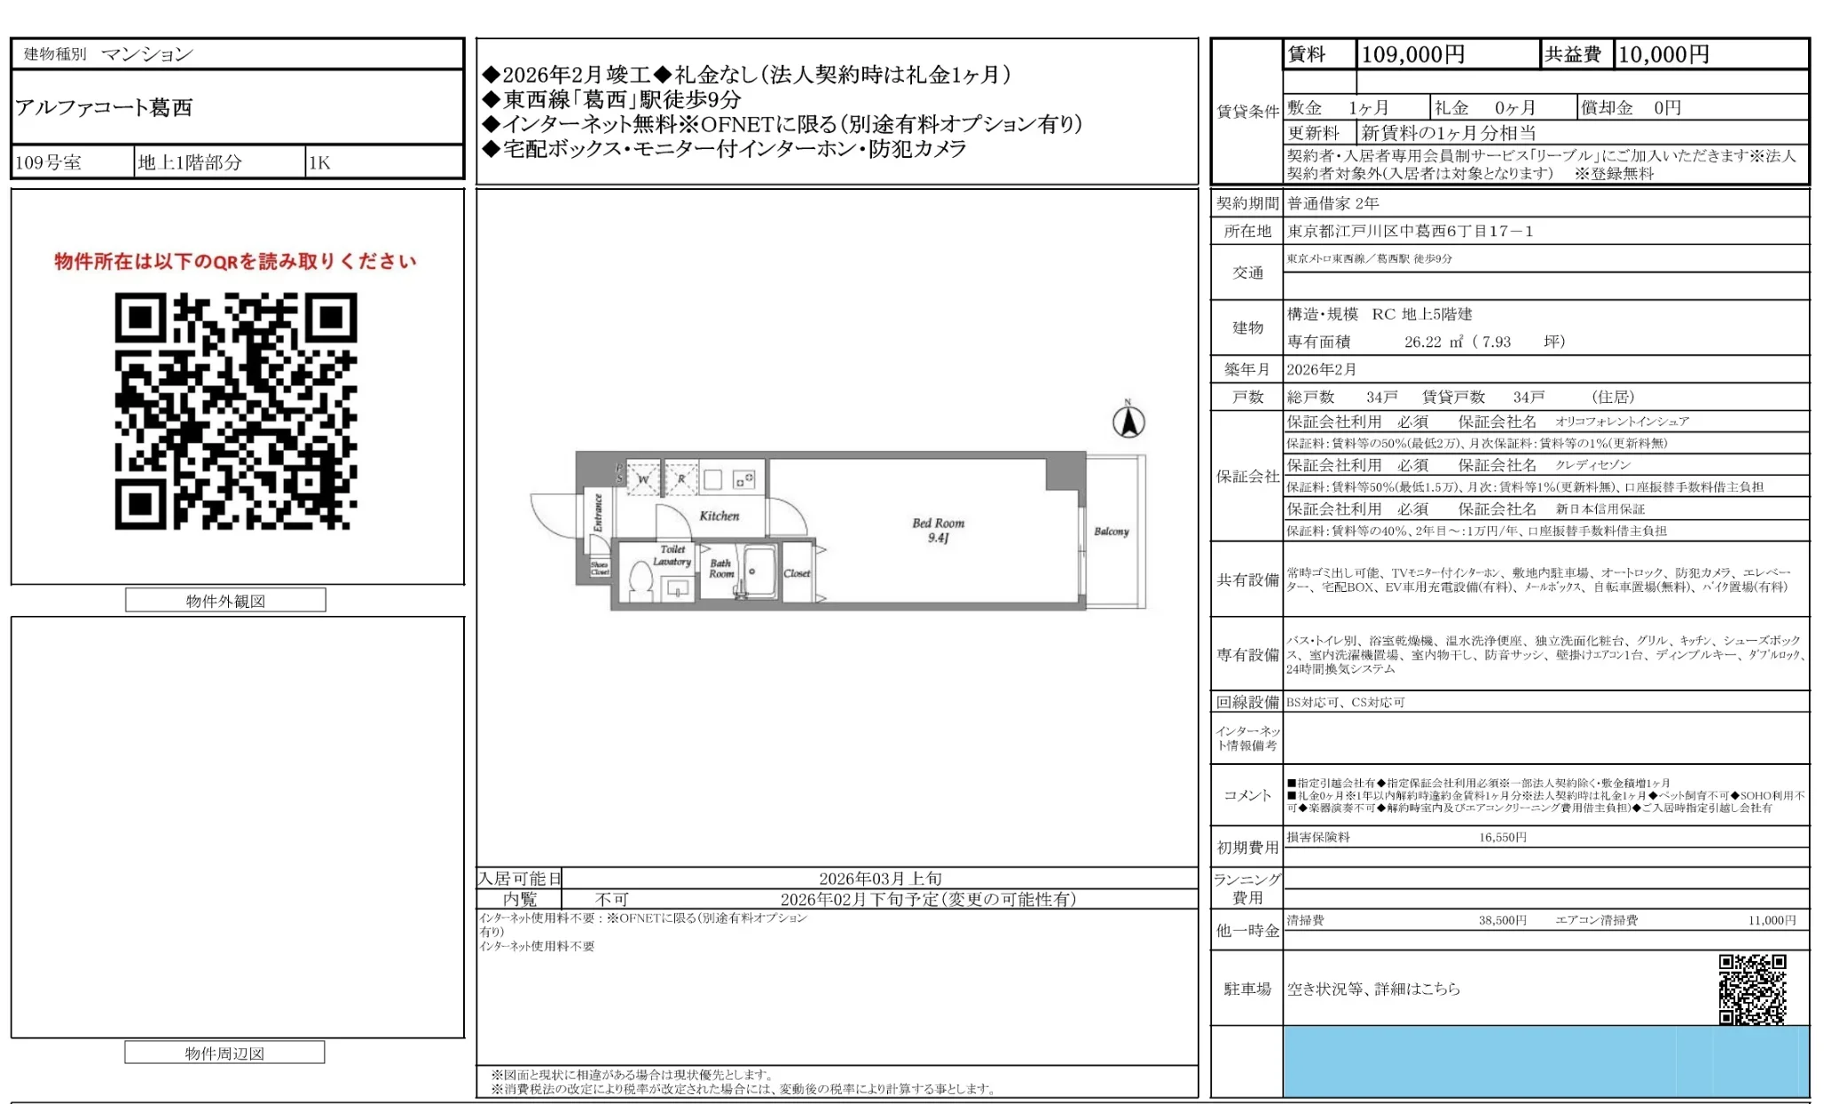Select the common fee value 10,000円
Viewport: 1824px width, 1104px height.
[x=1663, y=55]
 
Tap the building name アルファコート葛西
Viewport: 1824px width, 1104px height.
[x=104, y=107]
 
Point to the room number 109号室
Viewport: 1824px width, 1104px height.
[x=49, y=162]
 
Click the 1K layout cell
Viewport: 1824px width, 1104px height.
[x=319, y=162]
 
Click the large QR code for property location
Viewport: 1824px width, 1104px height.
[x=236, y=411]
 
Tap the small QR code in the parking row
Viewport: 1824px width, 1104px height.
[x=1752, y=989]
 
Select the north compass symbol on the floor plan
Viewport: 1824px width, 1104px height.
[x=1128, y=422]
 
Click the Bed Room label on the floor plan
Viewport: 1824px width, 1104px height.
[x=938, y=524]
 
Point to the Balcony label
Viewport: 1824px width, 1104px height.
[x=1111, y=532]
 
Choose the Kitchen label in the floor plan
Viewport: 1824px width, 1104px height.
[x=719, y=516]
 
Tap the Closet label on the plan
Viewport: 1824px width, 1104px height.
[x=797, y=573]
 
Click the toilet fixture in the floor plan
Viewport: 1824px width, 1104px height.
[x=640, y=580]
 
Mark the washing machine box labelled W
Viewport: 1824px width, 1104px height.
[x=643, y=479]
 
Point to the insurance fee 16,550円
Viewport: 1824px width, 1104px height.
[x=1502, y=837]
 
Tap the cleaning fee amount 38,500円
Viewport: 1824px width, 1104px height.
[x=1502, y=920]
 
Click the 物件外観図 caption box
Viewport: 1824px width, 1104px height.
[x=225, y=601]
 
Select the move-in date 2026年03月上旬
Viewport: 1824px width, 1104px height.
[x=880, y=879]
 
